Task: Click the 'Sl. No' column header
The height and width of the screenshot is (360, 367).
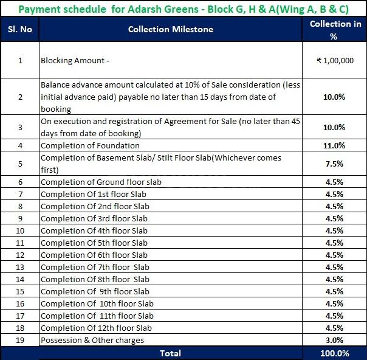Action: click(20, 29)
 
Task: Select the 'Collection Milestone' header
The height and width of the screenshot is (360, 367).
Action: click(171, 29)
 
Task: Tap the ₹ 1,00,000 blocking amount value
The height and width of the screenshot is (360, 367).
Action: click(335, 60)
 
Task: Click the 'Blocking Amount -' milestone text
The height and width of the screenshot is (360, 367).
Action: click(75, 60)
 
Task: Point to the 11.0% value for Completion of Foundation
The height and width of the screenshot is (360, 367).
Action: click(334, 145)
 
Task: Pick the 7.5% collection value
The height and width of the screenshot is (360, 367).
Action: click(334, 164)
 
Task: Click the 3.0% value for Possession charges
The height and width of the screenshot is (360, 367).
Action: click(334, 340)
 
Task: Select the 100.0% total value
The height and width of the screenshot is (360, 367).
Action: click(335, 353)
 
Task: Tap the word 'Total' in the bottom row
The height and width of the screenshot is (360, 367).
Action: click(170, 353)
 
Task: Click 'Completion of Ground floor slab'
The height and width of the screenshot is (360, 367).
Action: click(101, 182)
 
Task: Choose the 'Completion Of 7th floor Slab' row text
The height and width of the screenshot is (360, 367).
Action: click(95, 267)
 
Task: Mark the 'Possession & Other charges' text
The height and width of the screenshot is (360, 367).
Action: click(92, 340)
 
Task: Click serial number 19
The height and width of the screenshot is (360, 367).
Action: click(20, 340)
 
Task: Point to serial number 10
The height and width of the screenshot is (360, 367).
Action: click(20, 230)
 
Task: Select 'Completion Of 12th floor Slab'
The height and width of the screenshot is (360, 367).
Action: click(96, 328)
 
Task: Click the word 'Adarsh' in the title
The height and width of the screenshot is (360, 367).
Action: click(145, 9)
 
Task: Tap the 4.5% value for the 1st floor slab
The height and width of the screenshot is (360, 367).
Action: click(334, 194)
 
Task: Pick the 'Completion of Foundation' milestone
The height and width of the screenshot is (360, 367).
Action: click(90, 145)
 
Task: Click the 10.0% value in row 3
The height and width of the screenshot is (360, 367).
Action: click(334, 127)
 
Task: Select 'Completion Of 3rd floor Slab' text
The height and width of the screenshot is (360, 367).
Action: click(94, 218)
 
